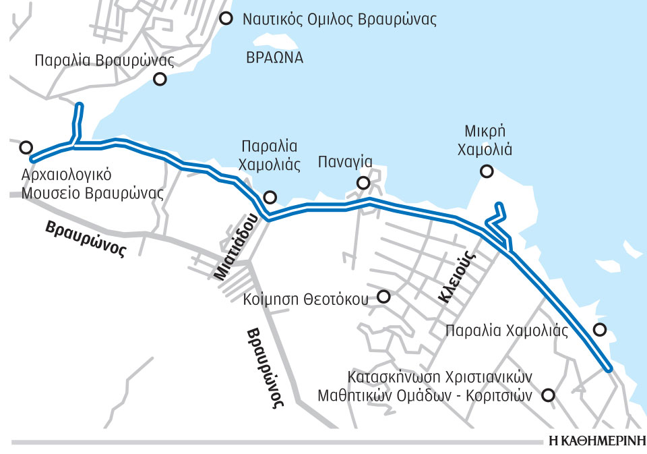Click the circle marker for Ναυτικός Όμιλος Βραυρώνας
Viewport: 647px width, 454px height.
coord(226,18)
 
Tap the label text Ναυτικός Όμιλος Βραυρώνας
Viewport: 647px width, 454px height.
coord(340,19)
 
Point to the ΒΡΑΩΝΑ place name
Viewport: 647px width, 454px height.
coord(274,57)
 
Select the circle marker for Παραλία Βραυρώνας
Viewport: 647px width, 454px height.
coord(160,79)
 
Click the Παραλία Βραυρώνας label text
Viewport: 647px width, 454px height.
coord(104,61)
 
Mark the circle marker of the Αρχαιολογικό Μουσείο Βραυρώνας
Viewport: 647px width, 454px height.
coord(26,147)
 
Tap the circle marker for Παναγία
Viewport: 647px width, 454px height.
coord(363,183)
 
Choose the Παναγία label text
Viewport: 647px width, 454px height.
coord(345,162)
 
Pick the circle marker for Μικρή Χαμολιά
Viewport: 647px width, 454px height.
coord(485,172)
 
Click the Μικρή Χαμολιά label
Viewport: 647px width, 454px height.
coord(485,140)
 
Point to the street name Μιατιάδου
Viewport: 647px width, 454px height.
coord(237,246)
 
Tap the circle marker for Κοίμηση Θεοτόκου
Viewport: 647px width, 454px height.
coord(383,296)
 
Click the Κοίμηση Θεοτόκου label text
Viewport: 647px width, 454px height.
coord(305,297)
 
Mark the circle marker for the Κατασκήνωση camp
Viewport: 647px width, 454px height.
coord(549,395)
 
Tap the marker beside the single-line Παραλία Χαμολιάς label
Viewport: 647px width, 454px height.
coord(599,330)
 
